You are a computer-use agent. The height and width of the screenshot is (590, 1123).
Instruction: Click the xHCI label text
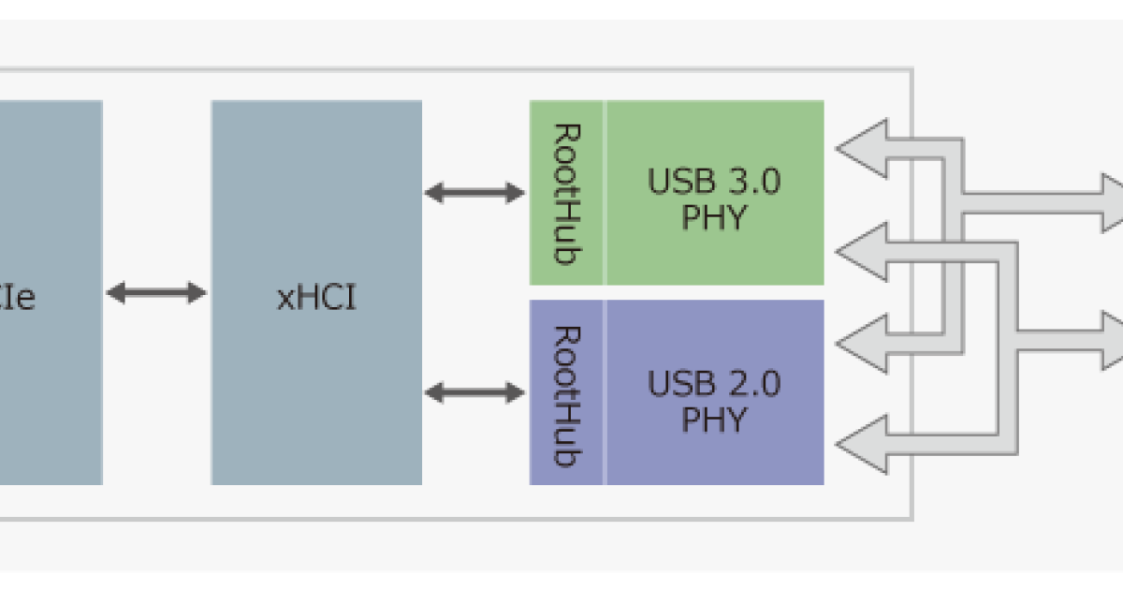click(x=316, y=301)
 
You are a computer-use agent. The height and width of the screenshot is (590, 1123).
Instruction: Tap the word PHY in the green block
click(x=714, y=217)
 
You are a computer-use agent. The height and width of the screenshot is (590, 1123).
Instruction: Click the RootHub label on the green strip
click(x=565, y=193)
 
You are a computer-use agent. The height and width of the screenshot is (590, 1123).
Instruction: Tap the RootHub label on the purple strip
click(x=565, y=395)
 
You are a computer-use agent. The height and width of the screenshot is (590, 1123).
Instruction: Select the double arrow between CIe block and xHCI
click(x=155, y=292)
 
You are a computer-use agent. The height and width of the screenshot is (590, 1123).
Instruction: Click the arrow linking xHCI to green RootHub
click(x=474, y=193)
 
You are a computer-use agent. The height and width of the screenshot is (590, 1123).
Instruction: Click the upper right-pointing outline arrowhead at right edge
click(x=1112, y=203)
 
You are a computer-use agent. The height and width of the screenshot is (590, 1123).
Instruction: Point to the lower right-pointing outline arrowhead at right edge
click(x=1112, y=341)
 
